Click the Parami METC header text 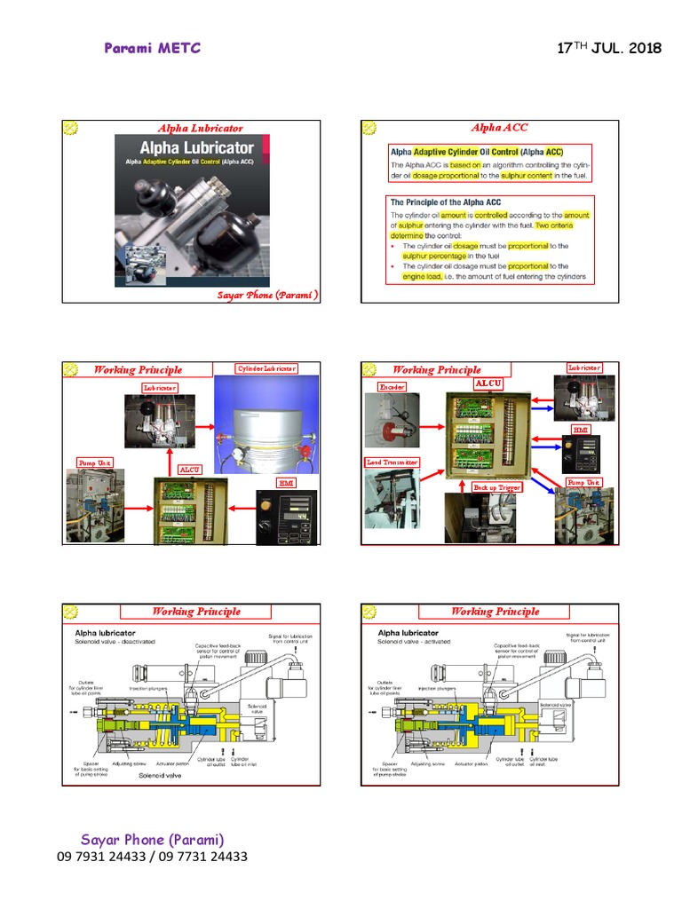(x=152, y=48)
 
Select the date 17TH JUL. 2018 (x=608, y=48)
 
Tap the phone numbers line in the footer (x=151, y=857)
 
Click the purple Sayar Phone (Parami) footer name (x=152, y=840)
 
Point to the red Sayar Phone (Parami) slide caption (x=267, y=295)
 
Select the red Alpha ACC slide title (x=499, y=128)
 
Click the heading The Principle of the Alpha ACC (x=446, y=202)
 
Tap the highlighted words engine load (x=422, y=277)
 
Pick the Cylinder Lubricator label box (x=266, y=368)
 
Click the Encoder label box (x=393, y=387)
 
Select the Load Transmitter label (x=393, y=462)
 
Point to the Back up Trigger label (x=496, y=487)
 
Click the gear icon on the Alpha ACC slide (x=369, y=129)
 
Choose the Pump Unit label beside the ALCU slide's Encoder (x=583, y=482)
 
